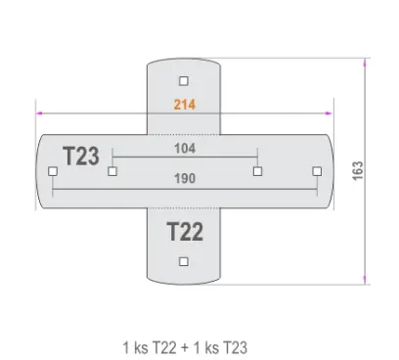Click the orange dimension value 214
click(x=184, y=105)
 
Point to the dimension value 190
click(x=184, y=179)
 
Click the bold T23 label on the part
click(x=80, y=156)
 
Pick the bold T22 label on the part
click(x=184, y=233)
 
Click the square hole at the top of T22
click(x=184, y=81)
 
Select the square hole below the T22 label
click(x=184, y=261)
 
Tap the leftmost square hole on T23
click(x=52, y=171)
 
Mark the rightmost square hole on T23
click(x=317, y=171)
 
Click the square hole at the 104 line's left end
click(x=112, y=171)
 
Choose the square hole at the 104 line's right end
click(x=256, y=171)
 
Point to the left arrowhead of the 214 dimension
click(x=40, y=112)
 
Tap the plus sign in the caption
click(x=187, y=347)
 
